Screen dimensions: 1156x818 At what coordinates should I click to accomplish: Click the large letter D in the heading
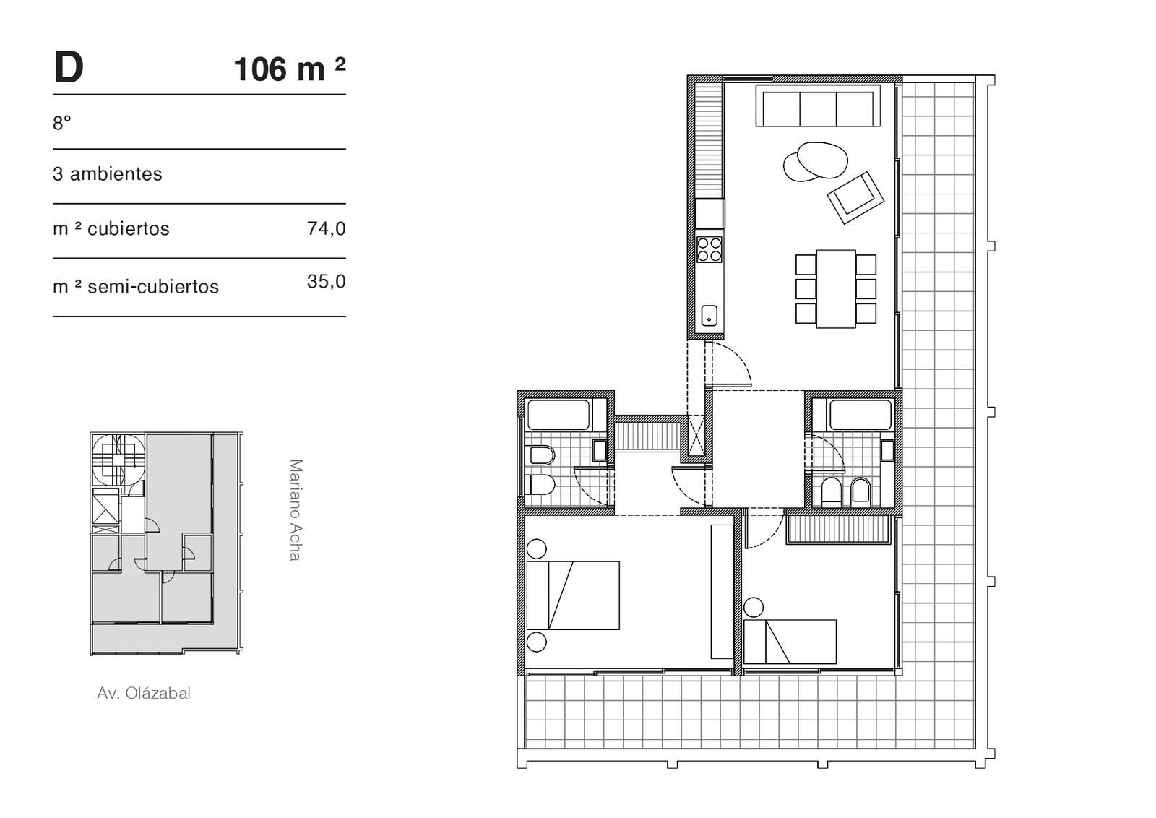[69, 68]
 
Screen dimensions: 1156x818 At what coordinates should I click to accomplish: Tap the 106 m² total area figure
[290, 69]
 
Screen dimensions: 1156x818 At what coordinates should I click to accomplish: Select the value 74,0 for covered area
[326, 228]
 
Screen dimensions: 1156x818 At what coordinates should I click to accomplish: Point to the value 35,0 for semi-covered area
[326, 281]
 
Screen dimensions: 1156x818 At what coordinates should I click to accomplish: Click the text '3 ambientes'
[108, 174]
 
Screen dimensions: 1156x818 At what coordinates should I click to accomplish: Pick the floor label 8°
[62, 123]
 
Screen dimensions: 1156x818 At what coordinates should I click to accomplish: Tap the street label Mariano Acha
[296, 510]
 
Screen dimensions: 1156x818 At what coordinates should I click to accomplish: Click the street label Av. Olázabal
[144, 693]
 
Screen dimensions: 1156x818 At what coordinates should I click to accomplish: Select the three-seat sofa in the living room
[818, 106]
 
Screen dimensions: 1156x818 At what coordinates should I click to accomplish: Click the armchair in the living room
[855, 198]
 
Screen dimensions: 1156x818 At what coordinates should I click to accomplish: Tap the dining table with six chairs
[835, 289]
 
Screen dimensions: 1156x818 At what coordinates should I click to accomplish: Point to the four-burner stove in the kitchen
[709, 249]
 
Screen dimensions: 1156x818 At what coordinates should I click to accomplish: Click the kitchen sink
[709, 315]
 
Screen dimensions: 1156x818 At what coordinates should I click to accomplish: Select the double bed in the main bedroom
[573, 595]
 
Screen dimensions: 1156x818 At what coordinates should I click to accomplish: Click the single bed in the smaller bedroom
[790, 642]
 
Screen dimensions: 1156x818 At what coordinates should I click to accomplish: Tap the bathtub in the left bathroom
[558, 414]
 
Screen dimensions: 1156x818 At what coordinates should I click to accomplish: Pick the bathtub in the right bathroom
[860, 414]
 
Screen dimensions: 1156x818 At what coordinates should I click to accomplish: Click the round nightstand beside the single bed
[754, 608]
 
